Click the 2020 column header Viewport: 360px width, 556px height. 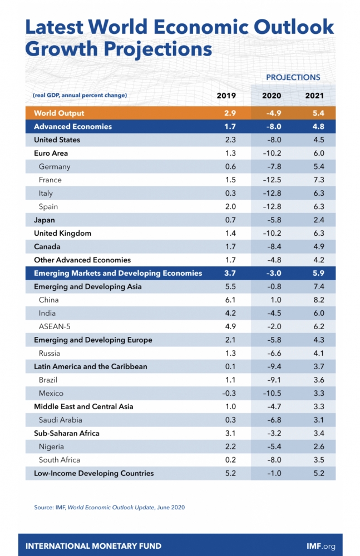click(272, 96)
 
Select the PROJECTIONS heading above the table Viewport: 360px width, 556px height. click(293, 77)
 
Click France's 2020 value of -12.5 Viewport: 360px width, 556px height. click(272, 180)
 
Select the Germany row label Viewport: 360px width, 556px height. click(55, 166)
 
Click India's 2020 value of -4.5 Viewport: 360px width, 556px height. click(272, 313)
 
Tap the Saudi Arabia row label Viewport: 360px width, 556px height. click(61, 420)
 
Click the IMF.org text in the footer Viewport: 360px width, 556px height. click(321, 546)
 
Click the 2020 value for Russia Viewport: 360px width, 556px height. click(272, 353)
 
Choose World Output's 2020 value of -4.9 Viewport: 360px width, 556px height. click(272, 113)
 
